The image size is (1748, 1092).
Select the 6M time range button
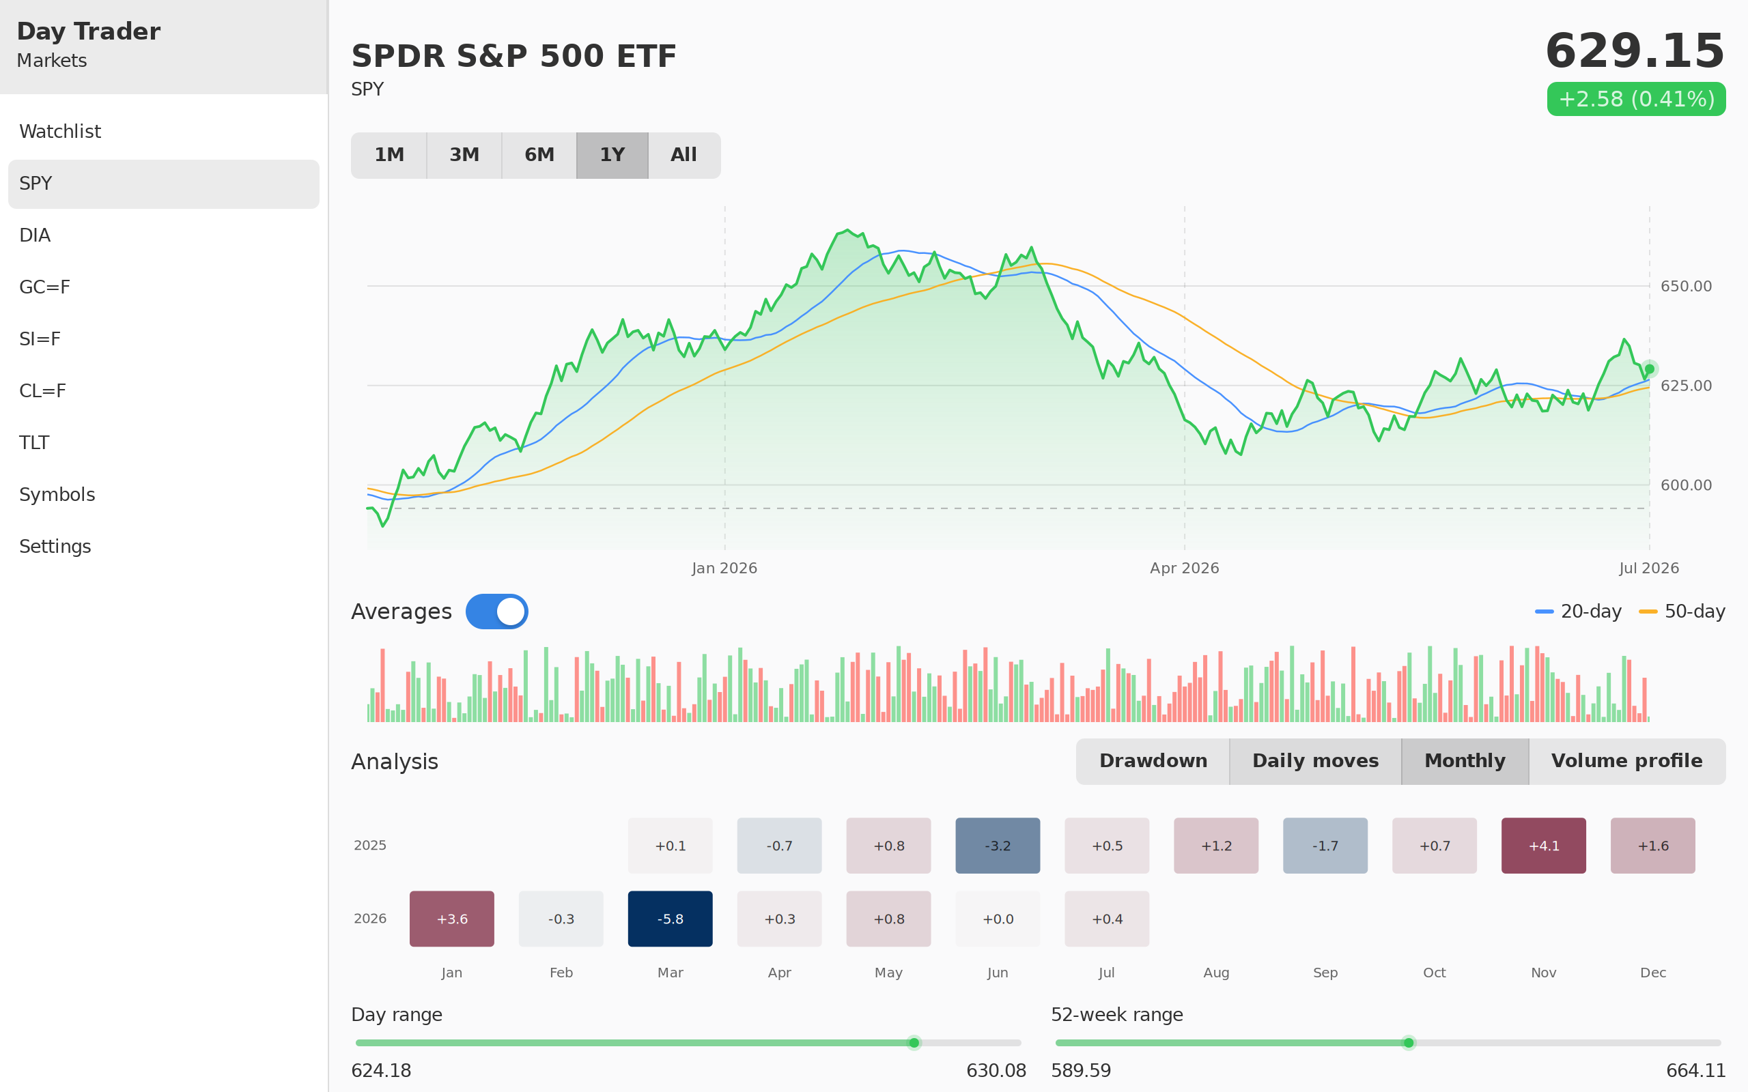[539, 156]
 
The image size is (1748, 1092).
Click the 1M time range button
[389, 156]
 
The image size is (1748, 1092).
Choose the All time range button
[684, 156]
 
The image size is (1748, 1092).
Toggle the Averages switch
[497, 612]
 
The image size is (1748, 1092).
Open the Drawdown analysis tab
[1153, 761]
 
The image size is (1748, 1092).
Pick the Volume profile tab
[1626, 761]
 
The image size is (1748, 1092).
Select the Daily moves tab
[1315, 761]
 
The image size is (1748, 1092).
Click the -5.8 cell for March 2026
[671, 919]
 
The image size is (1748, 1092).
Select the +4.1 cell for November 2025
[1544, 846]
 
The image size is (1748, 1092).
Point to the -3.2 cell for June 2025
[998, 846]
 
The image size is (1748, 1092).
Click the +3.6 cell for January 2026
[451, 919]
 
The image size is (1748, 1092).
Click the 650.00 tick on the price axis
[1686, 287]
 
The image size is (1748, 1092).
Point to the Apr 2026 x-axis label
[1185, 569]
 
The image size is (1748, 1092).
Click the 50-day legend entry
[1682, 612]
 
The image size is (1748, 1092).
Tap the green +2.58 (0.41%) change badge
[1636, 99]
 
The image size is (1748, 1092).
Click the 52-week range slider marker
[1409, 1043]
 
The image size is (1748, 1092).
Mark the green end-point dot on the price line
[1650, 369]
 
